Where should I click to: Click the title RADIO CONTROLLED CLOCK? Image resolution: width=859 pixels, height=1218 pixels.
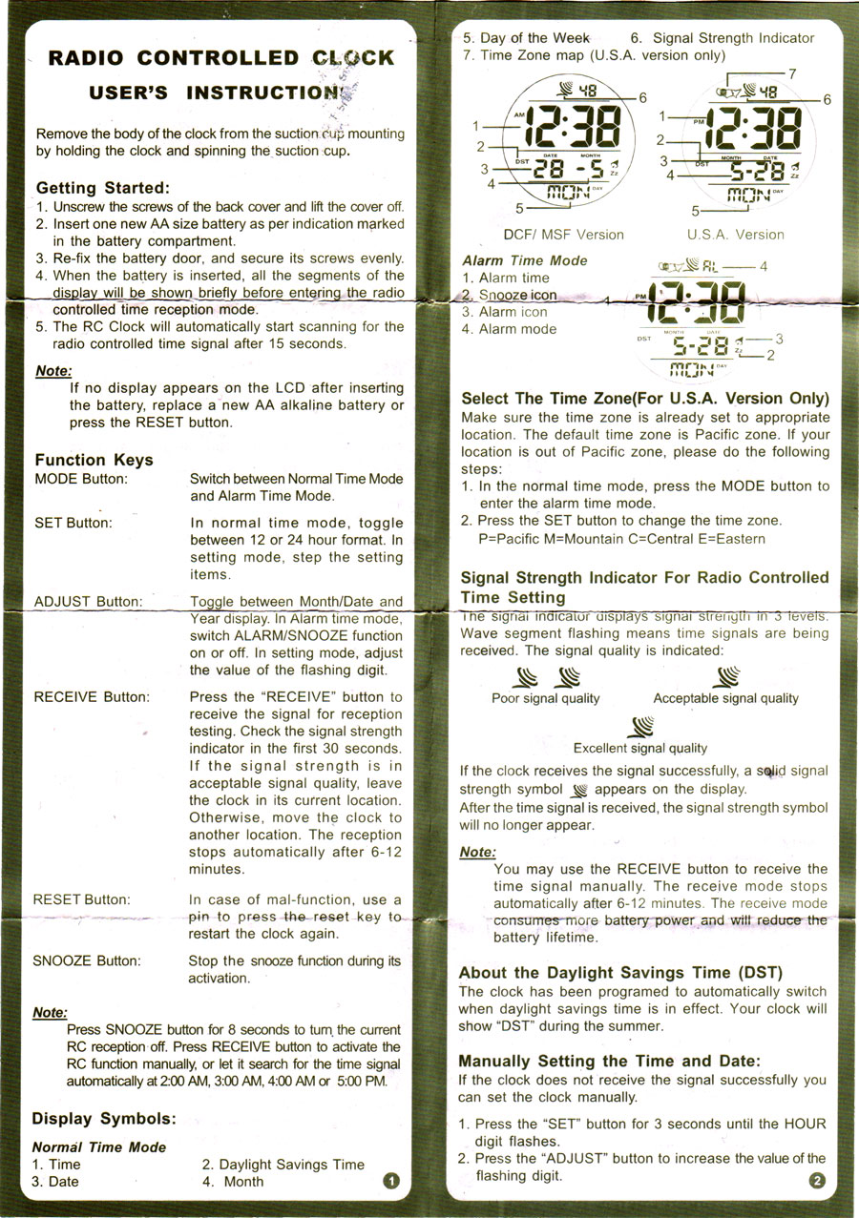tap(220, 58)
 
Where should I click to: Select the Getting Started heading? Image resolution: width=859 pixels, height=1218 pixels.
tap(102, 188)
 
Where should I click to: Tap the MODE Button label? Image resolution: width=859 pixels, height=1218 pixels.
tap(80, 479)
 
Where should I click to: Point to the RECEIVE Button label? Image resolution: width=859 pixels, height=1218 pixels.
tap(92, 697)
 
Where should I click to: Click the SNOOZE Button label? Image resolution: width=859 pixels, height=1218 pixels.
tap(87, 960)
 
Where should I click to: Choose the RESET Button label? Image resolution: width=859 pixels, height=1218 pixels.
tap(82, 899)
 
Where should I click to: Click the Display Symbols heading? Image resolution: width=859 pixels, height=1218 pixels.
tap(103, 1119)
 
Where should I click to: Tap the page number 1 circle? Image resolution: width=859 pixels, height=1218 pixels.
tap(389, 1182)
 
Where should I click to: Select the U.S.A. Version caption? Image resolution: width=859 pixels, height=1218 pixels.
tap(735, 235)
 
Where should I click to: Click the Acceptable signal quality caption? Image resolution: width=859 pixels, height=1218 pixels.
tap(725, 699)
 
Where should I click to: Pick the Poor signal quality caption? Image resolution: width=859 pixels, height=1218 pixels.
tap(545, 699)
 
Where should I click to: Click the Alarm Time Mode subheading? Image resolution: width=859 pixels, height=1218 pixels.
tap(525, 260)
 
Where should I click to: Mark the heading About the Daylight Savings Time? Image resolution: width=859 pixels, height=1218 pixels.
tap(620, 973)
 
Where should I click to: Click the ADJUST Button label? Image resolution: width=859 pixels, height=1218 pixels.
tap(88, 602)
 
